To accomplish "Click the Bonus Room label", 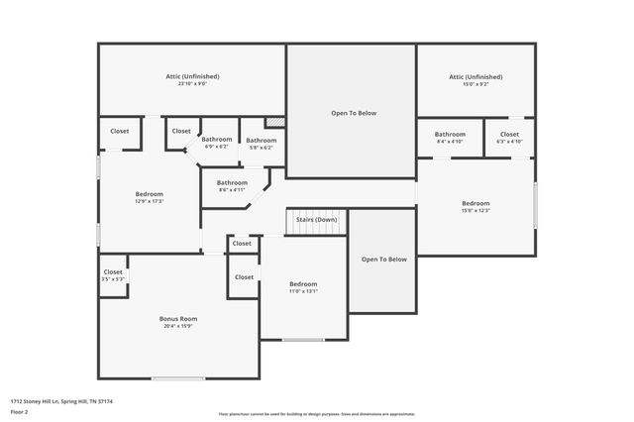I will click(x=178, y=319).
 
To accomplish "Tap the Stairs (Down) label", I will click(x=318, y=219).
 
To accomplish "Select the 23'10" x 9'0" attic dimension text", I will click(x=192, y=84).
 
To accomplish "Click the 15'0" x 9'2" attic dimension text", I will click(x=475, y=84).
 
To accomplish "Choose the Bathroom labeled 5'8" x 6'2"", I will click(x=262, y=141).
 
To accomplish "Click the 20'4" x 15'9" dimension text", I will click(x=178, y=326).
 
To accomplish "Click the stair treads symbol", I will click(x=316, y=229).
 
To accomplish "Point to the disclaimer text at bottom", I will click(x=317, y=413).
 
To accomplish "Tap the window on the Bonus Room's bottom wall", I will click(x=178, y=378).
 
